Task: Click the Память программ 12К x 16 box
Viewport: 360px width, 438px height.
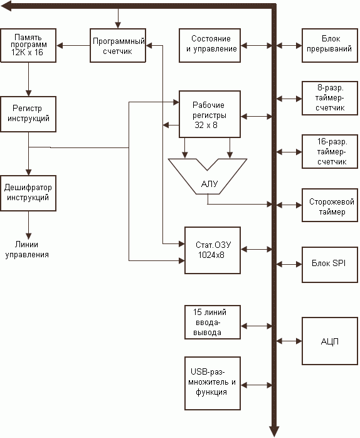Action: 28,45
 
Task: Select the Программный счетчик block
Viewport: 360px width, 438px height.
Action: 118,45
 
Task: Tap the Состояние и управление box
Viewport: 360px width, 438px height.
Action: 209,45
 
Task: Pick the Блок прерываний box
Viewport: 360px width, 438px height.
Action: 330,45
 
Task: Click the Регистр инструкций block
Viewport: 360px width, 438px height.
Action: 28,114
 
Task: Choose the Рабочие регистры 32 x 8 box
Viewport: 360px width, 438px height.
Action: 209,114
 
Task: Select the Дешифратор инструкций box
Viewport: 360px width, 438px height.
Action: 28,193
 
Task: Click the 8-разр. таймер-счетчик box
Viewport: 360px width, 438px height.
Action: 330,98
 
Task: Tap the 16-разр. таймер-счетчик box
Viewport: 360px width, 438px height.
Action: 330,152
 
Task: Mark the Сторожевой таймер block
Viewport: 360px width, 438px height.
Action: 330,205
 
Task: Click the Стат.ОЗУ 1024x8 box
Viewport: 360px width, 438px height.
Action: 213,250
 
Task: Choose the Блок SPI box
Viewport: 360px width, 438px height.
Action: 330,265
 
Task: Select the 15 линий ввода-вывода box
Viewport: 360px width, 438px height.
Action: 213,323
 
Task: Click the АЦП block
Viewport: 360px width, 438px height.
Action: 330,341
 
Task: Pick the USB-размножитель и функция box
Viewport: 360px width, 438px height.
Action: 213,383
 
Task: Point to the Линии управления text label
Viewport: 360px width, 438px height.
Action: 27,250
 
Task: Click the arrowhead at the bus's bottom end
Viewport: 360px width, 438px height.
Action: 274,432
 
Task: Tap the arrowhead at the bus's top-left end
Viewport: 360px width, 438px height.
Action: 6,6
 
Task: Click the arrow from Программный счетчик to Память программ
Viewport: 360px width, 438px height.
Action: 73,45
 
